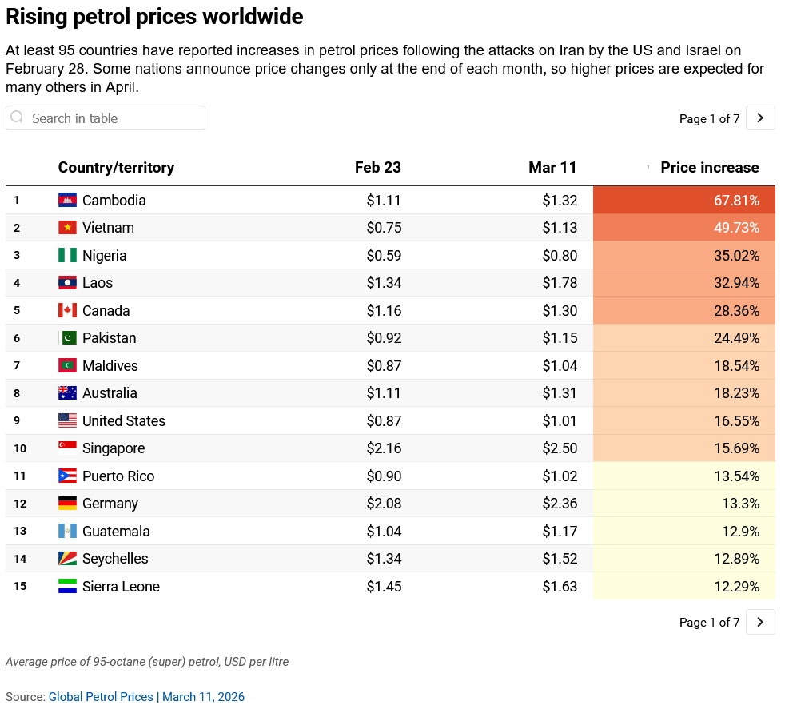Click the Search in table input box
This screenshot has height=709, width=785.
pos(106,118)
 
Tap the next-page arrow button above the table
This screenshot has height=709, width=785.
pos(760,118)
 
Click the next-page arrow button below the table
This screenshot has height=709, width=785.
pos(760,622)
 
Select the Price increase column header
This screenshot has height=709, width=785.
pos(709,168)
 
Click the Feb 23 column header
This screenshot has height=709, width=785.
pos(378,168)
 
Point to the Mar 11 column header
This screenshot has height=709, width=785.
pos(552,168)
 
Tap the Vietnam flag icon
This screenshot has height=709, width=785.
pos(67,228)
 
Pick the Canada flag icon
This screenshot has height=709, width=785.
pos(67,311)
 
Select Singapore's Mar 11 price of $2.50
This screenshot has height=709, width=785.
pos(560,448)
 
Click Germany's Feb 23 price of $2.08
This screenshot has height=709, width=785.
pos(384,504)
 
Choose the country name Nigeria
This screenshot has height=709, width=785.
pos(104,256)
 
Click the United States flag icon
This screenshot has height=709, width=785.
pos(67,421)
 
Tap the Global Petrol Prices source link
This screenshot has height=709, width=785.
pos(101,697)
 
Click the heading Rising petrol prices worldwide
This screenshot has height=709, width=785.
pos(154,17)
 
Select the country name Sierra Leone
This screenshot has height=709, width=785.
pos(121,587)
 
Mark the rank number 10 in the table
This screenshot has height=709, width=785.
pos(20,448)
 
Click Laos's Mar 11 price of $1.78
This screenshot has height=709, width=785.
pos(560,283)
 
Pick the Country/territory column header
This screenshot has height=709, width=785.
pos(116,168)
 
